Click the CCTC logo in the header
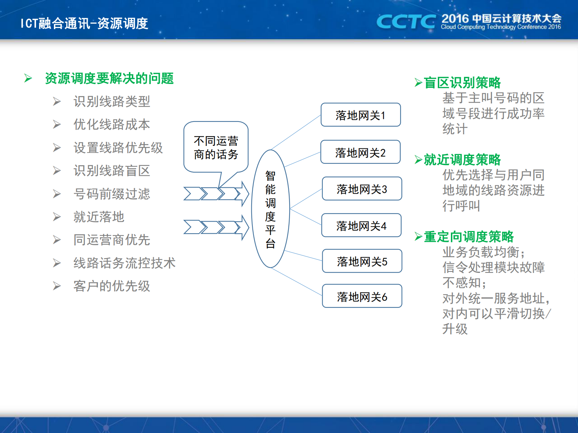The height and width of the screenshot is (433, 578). click(406, 22)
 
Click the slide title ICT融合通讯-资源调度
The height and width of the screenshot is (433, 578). click(84, 23)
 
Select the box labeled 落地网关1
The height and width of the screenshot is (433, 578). click(361, 115)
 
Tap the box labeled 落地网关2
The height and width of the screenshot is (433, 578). click(361, 152)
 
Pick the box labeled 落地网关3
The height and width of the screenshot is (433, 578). click(362, 189)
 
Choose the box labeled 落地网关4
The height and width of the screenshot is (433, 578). click(361, 226)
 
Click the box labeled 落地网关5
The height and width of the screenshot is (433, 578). click(362, 261)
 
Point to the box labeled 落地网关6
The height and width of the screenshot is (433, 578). click(362, 296)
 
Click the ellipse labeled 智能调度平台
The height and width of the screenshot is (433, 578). click(270, 209)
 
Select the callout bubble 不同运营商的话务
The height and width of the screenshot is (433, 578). click(216, 147)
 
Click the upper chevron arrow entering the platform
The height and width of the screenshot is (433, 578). click(216, 194)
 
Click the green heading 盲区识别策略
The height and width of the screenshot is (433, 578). click(462, 83)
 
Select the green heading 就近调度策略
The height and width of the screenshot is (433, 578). click(462, 160)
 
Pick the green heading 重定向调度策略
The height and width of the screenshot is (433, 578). click(469, 237)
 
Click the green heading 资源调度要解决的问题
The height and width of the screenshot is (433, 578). click(109, 78)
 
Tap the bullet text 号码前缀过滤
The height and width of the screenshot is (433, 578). click(112, 194)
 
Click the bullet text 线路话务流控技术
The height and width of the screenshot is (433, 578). click(125, 263)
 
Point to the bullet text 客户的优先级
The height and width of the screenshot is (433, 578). click(112, 286)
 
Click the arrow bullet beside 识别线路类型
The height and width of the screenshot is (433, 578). click(57, 102)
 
